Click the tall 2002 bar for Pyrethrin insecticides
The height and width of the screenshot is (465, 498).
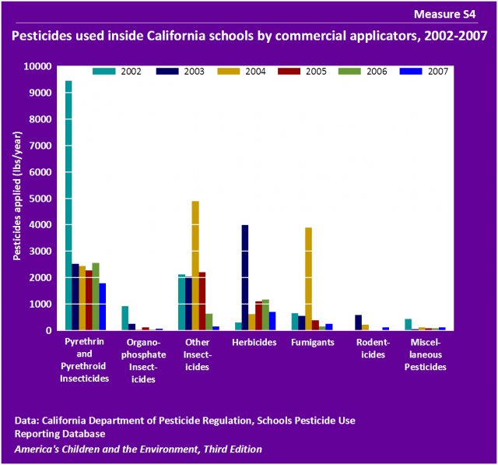pyautogui.click(x=68, y=206)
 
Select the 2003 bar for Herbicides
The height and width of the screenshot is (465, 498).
pyautogui.click(x=245, y=277)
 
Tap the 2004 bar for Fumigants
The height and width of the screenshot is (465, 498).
pyautogui.click(x=308, y=279)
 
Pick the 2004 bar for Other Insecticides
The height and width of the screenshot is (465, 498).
pyautogui.click(x=195, y=266)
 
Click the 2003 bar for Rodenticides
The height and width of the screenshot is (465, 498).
pyautogui.click(x=358, y=322)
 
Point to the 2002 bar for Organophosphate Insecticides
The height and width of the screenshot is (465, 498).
pyautogui.click(x=124, y=318)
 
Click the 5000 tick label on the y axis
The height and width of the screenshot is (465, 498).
pyautogui.click(x=41, y=199)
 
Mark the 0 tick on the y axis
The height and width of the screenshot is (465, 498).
pyautogui.click(x=49, y=330)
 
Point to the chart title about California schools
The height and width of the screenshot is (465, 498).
pyautogui.click(x=249, y=36)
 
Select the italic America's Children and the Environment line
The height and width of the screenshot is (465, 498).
pyautogui.click(x=138, y=449)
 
